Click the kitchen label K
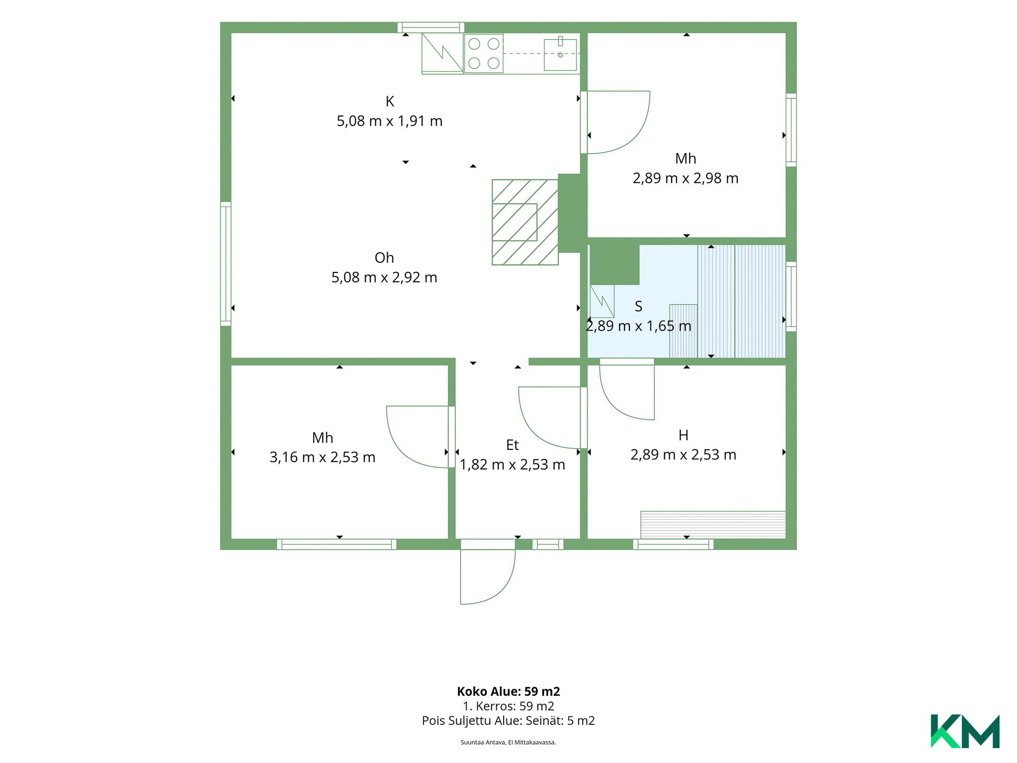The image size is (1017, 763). click(x=390, y=101)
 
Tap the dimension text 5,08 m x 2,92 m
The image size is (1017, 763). click(x=385, y=278)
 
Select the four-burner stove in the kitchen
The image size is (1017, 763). click(x=484, y=53)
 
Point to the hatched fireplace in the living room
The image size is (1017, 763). click(x=525, y=222)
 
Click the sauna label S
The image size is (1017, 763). click(x=638, y=307)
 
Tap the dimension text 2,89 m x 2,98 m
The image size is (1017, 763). click(x=685, y=179)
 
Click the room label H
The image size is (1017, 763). click(x=683, y=436)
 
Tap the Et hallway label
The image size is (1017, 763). click(x=512, y=445)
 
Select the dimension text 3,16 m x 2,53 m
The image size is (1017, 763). click(x=323, y=457)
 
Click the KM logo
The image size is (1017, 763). click(x=965, y=731)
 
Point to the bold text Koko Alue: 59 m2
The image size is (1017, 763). click(x=508, y=691)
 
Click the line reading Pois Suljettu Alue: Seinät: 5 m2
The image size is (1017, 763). click(x=508, y=721)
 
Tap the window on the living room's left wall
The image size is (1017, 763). click(x=226, y=264)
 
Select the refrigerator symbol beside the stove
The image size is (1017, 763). click(x=442, y=54)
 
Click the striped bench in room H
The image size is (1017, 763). click(x=713, y=525)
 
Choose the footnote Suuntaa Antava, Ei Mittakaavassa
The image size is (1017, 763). click(x=508, y=742)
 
